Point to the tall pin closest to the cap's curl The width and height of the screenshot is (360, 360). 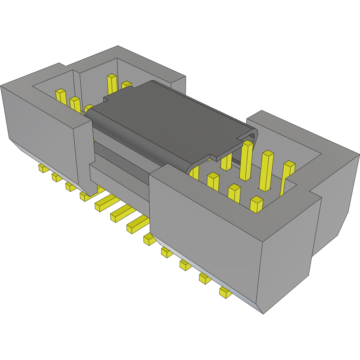246,160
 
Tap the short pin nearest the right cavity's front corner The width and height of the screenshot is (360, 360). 256,204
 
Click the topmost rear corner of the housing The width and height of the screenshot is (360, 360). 117,46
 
